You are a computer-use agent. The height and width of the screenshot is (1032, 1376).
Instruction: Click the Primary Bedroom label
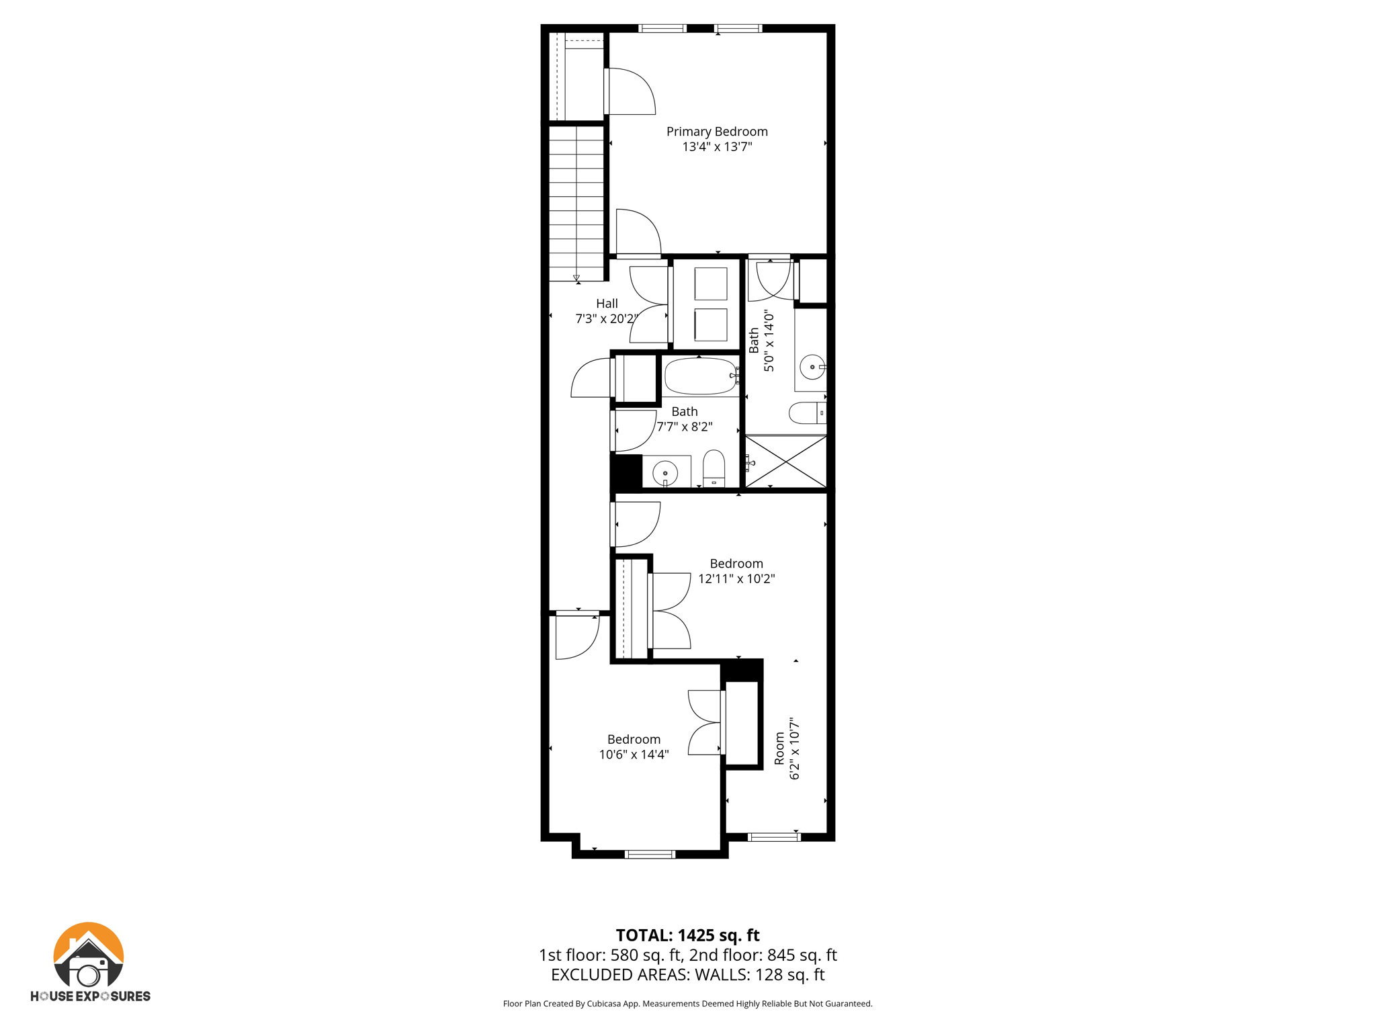pos(716,132)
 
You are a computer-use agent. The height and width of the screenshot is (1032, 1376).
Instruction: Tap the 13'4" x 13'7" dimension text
pos(716,147)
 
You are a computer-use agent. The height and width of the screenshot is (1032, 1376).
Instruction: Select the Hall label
pos(606,304)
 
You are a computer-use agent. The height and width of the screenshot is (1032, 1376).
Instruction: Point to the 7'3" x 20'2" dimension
pos(606,318)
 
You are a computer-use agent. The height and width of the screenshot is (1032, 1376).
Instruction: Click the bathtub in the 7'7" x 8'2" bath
pos(700,376)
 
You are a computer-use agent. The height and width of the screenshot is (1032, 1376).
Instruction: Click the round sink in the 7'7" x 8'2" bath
pos(665,473)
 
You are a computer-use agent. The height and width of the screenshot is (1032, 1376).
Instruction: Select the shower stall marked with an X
pos(786,462)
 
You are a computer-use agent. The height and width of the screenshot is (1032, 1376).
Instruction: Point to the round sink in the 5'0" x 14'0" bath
pos(812,367)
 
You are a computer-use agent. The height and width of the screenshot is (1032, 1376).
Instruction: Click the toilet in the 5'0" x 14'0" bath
pos(807,413)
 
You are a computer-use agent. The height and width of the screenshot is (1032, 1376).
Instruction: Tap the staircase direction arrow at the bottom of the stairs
pos(576,277)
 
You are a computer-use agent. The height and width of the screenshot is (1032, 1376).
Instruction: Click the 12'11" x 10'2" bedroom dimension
pos(736,578)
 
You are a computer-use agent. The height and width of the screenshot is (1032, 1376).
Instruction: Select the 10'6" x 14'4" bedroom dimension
pos(634,755)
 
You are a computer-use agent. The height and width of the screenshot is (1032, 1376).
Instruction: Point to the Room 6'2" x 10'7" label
pos(787,748)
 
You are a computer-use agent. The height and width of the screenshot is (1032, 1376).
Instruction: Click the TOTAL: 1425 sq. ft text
pos(687,935)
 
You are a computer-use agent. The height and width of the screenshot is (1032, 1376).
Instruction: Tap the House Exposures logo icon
pos(89,955)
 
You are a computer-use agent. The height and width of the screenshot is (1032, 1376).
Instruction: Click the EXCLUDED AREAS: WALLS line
pos(687,975)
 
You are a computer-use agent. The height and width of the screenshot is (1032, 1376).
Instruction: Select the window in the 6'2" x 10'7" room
pos(774,837)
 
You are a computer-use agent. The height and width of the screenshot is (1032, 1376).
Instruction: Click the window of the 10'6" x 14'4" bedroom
pos(650,855)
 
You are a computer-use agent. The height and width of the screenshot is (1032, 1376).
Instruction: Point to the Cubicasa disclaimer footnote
pos(687,1004)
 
